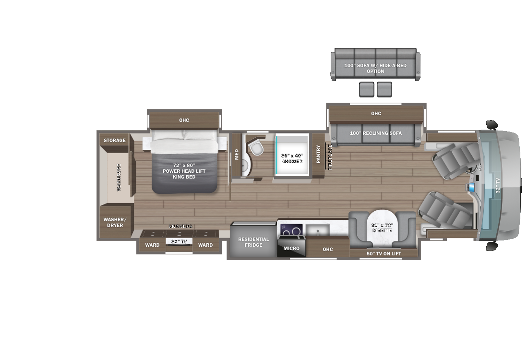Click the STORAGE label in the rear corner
coord(115,140)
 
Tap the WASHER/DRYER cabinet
coord(115,222)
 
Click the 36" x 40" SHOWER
coord(292,158)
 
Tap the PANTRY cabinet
coord(318,155)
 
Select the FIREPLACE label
coord(330,157)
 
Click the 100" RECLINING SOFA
coord(376,133)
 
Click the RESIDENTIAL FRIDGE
coord(253,242)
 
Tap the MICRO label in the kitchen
coord(291,248)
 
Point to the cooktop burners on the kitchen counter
coord(291,231)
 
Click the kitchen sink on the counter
coord(317,230)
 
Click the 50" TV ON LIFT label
coord(384,253)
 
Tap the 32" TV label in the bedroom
coord(179,241)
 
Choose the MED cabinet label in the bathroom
coord(236,154)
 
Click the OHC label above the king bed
coord(184,120)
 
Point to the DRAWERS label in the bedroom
coord(180,226)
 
